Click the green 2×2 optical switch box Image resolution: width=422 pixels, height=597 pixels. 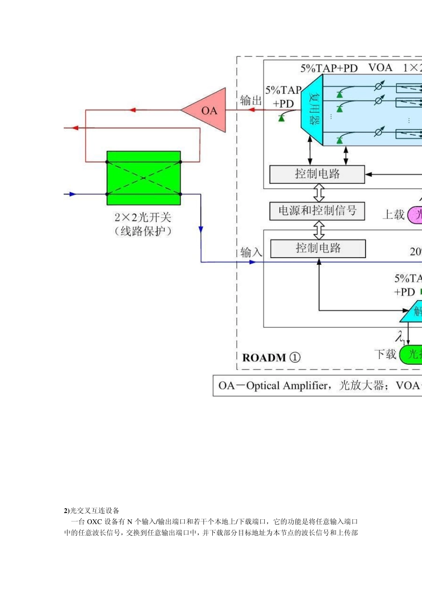pos(143,178)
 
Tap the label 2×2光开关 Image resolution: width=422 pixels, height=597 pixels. pos(143,217)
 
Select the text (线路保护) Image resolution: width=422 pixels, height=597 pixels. pos(143,231)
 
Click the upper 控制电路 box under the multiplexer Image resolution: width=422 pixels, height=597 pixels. pos(317,174)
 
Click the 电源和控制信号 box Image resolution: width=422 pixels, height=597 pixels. pos(317,211)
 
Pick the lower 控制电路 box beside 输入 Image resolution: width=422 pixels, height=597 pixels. pos(318,248)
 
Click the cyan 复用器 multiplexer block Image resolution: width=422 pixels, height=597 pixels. pos(313,110)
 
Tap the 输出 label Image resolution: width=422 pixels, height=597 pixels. pos(251,100)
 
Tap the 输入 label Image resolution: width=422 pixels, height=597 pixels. pos(251,252)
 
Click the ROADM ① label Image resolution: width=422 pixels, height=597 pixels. pos(271,358)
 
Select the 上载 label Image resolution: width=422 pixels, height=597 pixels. pos(394,215)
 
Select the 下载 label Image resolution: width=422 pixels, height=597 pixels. pos(385,354)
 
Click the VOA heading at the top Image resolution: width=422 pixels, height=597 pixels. pos(380,68)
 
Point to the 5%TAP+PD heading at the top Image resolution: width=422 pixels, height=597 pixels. pos(329,68)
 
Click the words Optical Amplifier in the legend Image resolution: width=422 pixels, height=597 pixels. pos(287,386)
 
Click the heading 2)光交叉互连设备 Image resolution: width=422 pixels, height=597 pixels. pos(92,510)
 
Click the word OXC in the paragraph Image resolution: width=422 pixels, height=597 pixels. pos(94,521)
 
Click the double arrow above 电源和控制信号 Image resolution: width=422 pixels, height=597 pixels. pos(319,193)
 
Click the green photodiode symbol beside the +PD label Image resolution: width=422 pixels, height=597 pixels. pos(281,118)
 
